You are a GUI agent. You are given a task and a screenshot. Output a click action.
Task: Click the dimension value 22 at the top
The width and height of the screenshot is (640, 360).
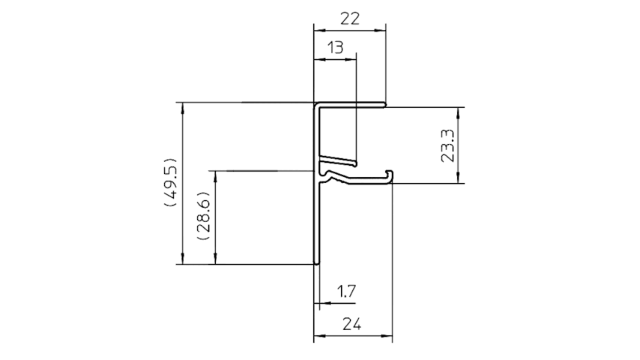(350, 19)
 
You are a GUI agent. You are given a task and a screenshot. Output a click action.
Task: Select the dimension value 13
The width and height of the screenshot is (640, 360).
(336, 47)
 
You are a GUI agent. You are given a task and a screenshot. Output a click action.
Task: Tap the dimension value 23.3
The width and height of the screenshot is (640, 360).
(447, 146)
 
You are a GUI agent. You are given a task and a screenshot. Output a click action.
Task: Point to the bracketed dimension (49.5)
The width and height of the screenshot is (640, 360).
(170, 181)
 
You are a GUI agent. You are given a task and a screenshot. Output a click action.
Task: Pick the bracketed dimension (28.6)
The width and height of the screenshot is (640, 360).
(203, 215)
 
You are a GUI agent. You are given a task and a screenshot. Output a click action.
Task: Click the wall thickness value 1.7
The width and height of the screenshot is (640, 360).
(346, 291)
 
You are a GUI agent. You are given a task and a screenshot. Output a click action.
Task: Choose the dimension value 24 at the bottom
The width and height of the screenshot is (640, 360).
(351, 324)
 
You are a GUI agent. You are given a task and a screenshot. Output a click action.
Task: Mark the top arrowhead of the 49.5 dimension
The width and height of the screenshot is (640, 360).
(182, 108)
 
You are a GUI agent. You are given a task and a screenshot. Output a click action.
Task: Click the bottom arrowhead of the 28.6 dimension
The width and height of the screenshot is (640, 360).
(215, 258)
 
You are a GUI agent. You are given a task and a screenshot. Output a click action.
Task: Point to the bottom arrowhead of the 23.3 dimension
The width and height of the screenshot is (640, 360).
(459, 177)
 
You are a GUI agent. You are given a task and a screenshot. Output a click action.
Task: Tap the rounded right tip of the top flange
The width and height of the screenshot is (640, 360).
(385, 105)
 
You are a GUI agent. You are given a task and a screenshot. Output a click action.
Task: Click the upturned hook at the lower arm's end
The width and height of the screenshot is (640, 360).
(390, 175)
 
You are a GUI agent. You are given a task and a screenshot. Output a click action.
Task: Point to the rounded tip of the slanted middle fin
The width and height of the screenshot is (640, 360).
(354, 163)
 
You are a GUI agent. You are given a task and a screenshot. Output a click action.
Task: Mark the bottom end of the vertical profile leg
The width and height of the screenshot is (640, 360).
(316, 263)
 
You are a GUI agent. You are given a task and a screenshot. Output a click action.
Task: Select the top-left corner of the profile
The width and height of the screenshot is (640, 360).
(315, 103)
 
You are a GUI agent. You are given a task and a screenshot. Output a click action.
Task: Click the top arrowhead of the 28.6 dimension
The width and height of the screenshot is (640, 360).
(215, 177)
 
